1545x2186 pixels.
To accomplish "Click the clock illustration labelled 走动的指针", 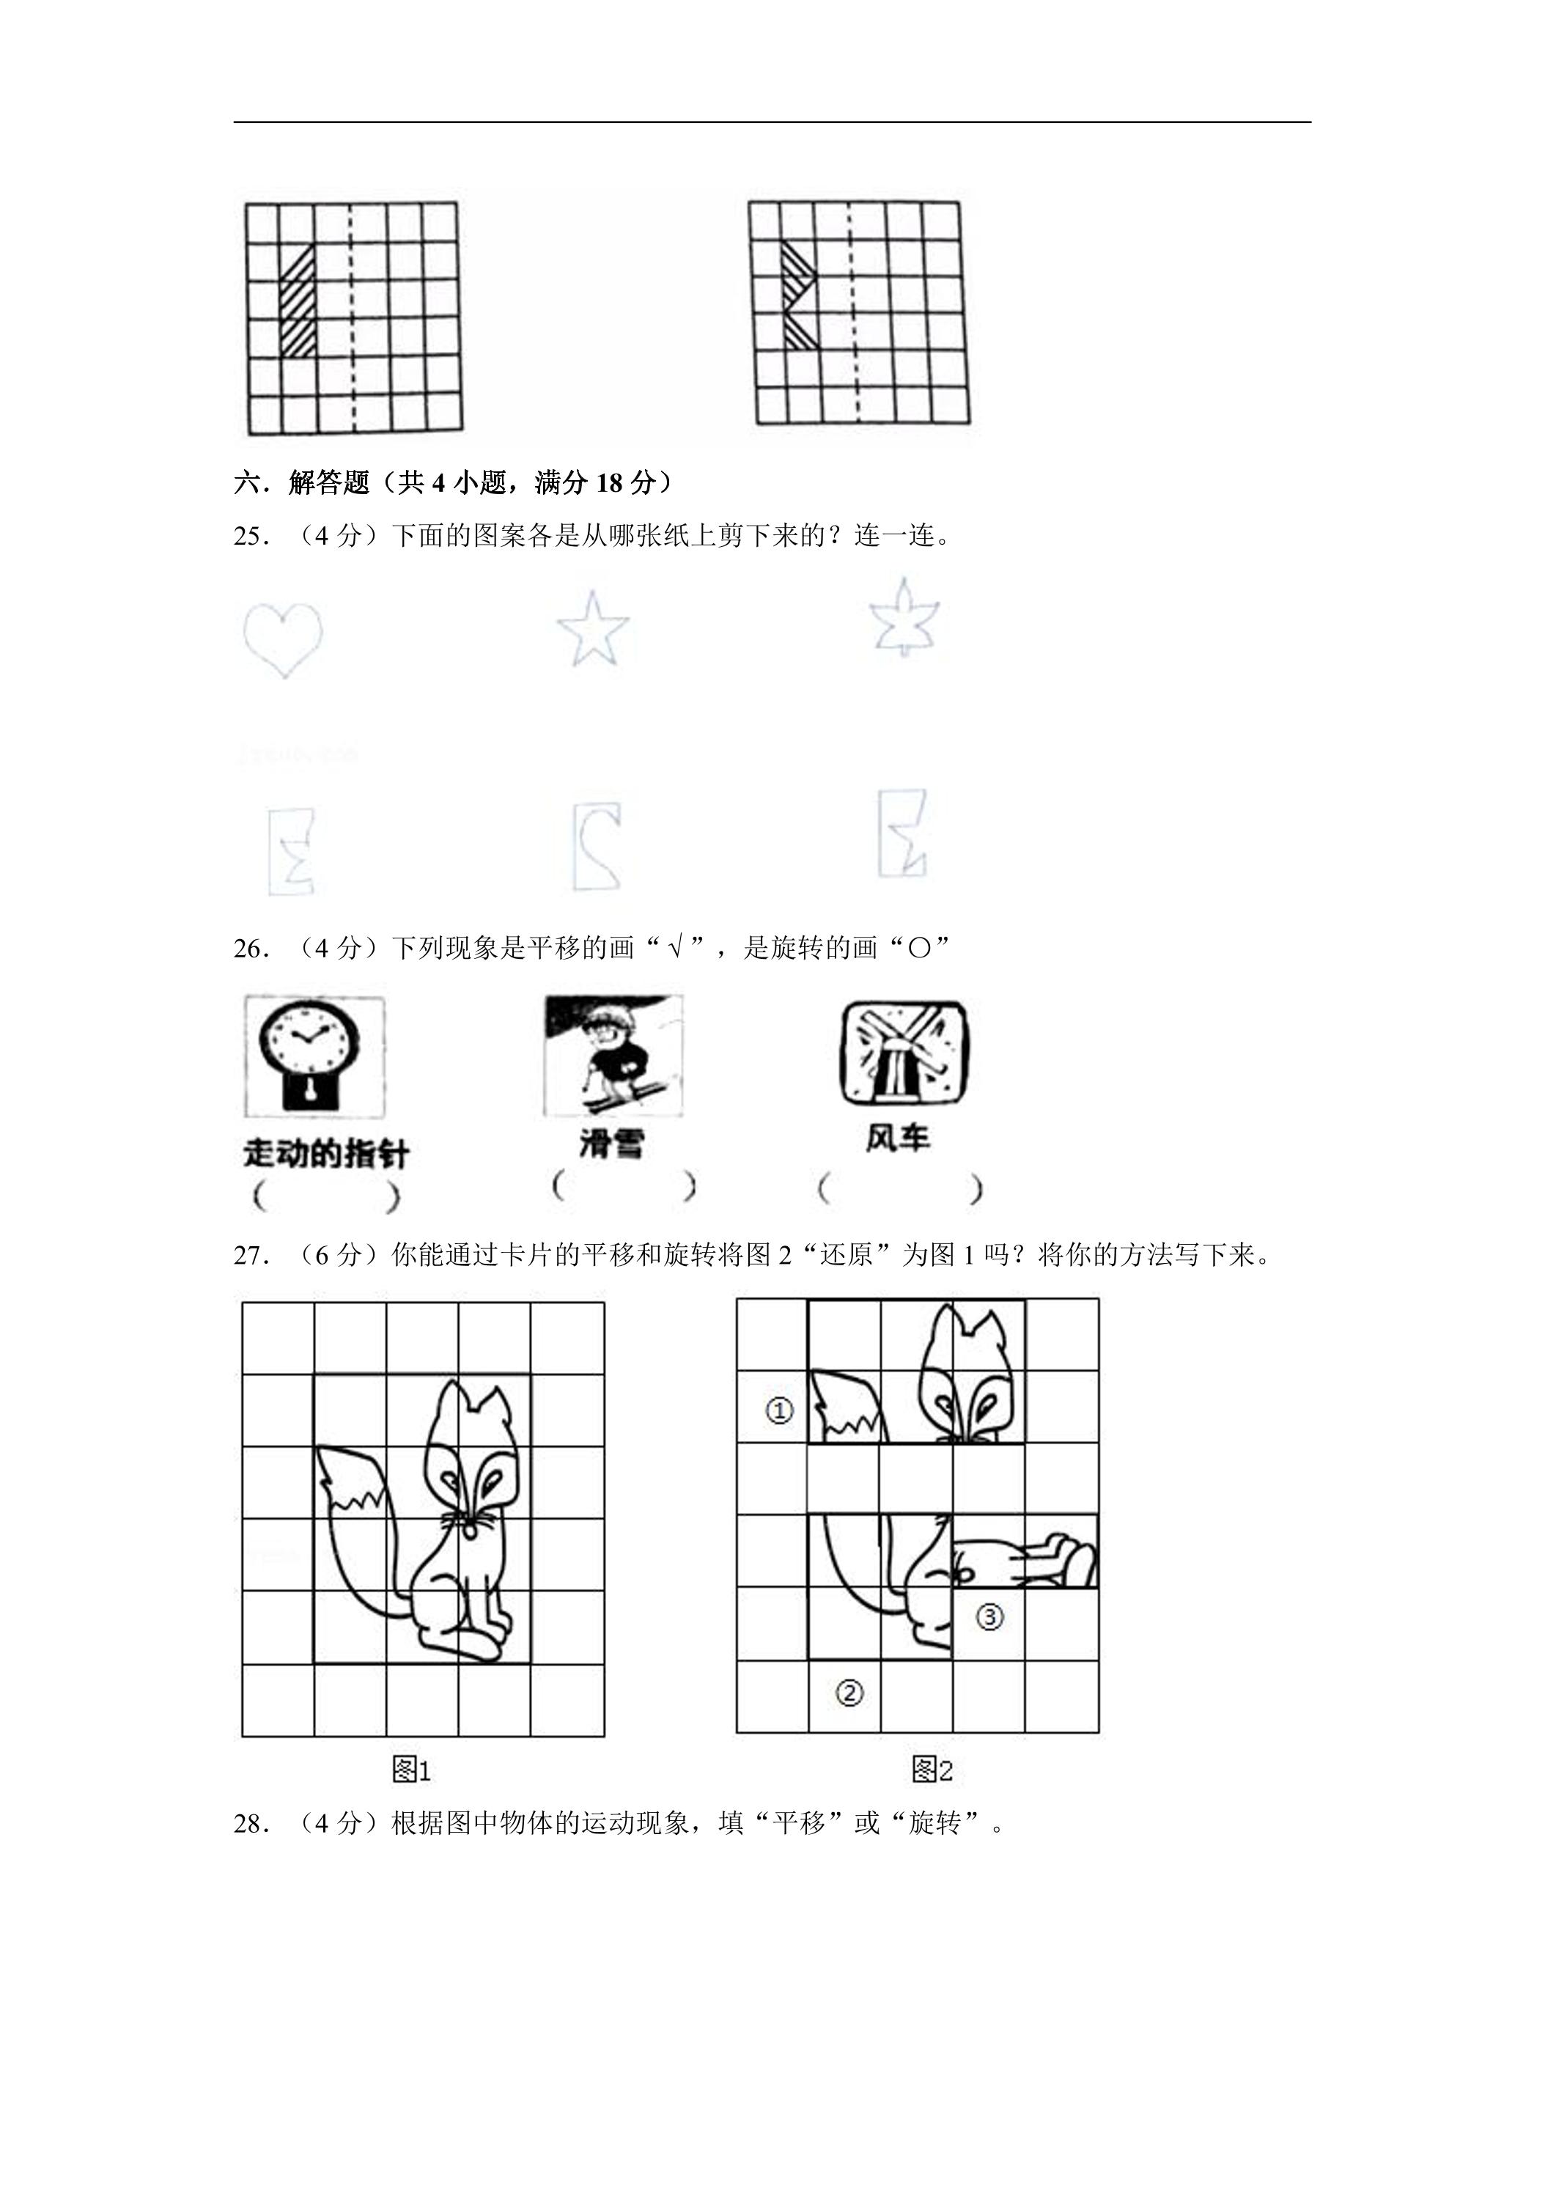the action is [x=315, y=1057].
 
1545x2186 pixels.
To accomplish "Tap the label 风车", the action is [x=898, y=1138].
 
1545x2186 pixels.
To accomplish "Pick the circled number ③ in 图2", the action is [x=989, y=1616].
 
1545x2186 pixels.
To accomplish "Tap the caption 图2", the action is [x=932, y=1770].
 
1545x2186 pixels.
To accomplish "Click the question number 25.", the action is [x=252, y=536].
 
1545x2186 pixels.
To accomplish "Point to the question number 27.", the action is [x=252, y=1255].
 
